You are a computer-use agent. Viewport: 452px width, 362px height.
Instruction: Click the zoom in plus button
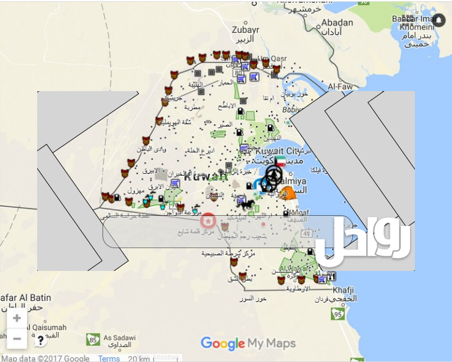(x=17, y=318)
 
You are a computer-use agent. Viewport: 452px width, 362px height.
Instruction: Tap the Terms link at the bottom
(x=109, y=358)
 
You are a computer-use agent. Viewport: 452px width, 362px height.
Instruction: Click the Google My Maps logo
(x=248, y=343)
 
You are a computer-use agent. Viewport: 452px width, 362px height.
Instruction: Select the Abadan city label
(x=337, y=23)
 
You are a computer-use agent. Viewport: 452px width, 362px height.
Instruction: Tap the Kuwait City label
(x=276, y=151)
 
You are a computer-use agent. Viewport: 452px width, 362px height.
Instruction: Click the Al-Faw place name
(x=340, y=87)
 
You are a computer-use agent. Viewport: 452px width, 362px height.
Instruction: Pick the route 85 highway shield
(x=93, y=340)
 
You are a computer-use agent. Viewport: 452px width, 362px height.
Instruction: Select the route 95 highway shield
(x=338, y=314)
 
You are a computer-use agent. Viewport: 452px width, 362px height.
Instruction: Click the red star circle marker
(x=208, y=220)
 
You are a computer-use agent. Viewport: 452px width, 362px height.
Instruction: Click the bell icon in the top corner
(x=439, y=21)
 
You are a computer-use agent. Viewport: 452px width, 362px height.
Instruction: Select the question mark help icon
(x=40, y=340)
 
